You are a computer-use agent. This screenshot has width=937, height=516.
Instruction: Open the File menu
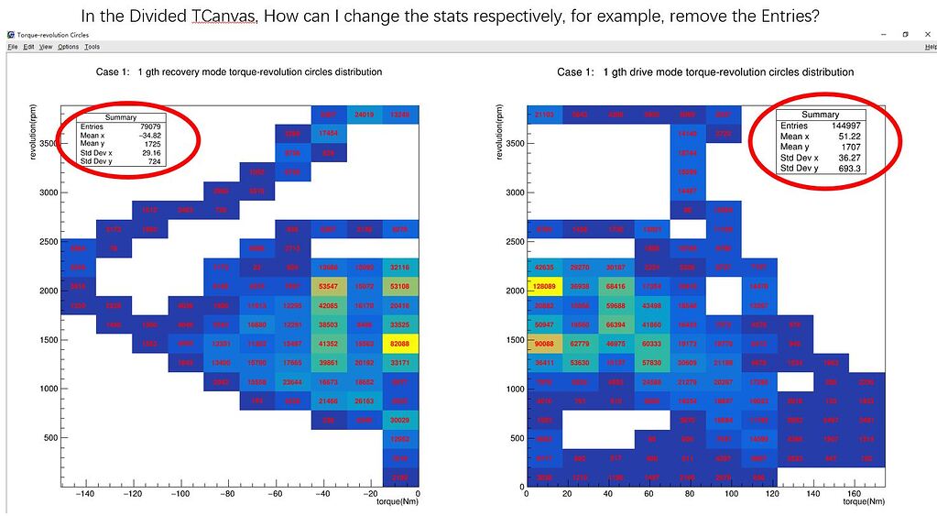coord(13,47)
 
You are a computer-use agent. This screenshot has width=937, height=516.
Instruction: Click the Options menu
coord(68,47)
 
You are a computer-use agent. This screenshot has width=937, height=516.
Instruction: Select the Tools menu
coord(92,47)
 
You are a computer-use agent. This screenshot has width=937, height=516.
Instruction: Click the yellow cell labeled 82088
coord(399,345)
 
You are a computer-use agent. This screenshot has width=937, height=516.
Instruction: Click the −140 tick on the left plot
coord(85,496)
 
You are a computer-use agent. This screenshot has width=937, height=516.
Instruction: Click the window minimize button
coord(881,34)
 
